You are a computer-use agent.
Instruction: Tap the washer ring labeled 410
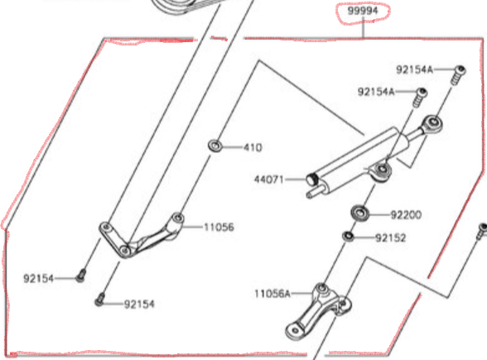coord(215,146)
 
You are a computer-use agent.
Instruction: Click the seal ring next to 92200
coord(359,213)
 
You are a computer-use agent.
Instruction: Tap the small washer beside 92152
coord(348,238)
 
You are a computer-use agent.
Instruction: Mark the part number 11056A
coord(273,293)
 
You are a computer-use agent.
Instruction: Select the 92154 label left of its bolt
coord(38,279)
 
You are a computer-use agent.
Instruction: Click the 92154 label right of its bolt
coord(140,305)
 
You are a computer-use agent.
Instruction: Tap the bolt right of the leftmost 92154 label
coord(80,276)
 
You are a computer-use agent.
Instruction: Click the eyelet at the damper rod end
coord(431,125)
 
